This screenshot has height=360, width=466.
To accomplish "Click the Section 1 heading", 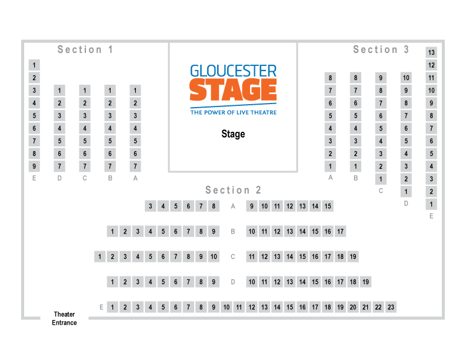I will pyautogui.click(x=86, y=50).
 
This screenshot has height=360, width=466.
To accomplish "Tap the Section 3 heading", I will pyautogui.click(x=381, y=50).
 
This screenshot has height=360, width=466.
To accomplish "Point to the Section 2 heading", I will pyautogui.click(x=234, y=190).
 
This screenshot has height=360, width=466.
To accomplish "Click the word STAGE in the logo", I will pyautogui.click(x=233, y=91).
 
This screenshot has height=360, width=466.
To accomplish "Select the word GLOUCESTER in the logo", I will pyautogui.click(x=233, y=71).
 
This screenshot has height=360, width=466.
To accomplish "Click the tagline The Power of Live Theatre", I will pyautogui.click(x=233, y=112).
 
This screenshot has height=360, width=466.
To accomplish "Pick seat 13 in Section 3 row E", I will pyautogui.click(x=431, y=52).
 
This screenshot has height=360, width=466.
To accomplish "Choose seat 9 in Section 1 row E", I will pyautogui.click(x=34, y=166).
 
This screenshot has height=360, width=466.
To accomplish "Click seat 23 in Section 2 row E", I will pyautogui.click(x=391, y=307).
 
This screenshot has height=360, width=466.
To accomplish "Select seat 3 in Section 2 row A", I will pyautogui.click(x=151, y=206).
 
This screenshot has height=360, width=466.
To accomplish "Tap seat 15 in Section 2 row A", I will pyautogui.click(x=328, y=206).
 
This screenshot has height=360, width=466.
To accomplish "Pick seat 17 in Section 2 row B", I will pyautogui.click(x=340, y=231).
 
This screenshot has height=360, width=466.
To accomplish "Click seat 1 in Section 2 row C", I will pyautogui.click(x=100, y=256).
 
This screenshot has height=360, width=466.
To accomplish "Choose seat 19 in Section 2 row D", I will pyautogui.click(x=365, y=282).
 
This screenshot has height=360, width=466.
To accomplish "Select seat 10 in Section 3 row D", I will pyautogui.click(x=406, y=78).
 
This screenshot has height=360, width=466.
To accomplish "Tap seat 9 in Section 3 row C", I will pyautogui.click(x=381, y=78).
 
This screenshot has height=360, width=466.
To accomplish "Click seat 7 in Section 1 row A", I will pyautogui.click(x=135, y=166).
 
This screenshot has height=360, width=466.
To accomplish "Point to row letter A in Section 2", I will pyautogui.click(x=233, y=206).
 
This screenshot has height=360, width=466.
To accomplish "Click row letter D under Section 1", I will pyautogui.click(x=59, y=178).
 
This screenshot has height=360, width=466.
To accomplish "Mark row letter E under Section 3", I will pyautogui.click(x=431, y=216).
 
